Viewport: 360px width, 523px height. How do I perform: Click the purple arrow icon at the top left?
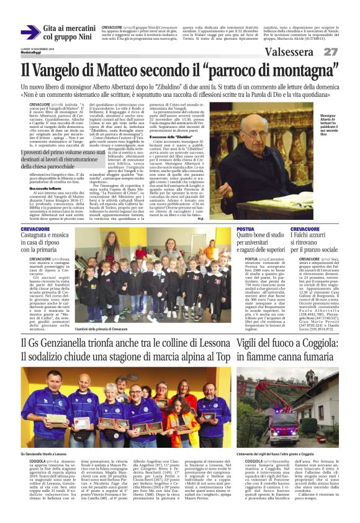(x=30, y=32)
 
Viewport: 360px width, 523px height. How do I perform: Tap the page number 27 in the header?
(x=330, y=52)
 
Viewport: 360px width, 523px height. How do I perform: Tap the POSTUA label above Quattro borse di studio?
(x=246, y=229)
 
